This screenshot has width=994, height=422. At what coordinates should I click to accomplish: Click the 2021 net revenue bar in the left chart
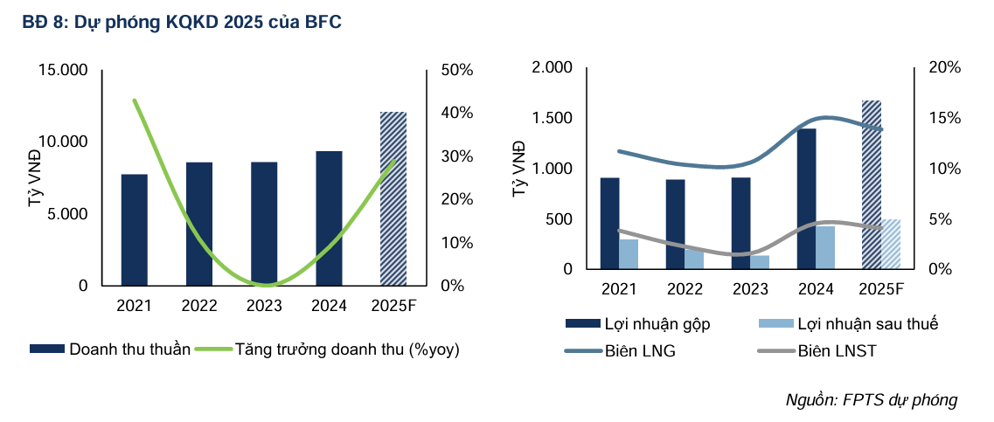point(134,230)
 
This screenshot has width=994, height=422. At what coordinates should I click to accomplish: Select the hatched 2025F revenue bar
point(393,198)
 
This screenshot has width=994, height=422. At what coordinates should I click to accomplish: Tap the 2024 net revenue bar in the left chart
point(329,218)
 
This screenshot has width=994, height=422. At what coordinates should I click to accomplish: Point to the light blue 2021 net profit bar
point(629,253)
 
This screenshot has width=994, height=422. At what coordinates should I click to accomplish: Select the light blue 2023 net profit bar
point(760,261)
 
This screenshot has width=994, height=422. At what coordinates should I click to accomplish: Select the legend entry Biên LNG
point(639,351)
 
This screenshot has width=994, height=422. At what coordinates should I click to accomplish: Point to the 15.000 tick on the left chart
point(63,70)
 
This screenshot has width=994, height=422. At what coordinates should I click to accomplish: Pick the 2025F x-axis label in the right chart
point(880,289)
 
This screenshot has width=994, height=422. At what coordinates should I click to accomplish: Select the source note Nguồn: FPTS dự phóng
point(872,400)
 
